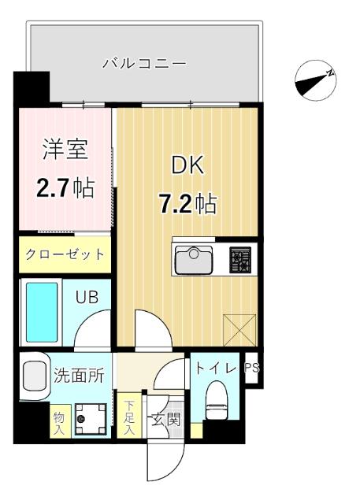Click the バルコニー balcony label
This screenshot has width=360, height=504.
pyautogui.click(x=144, y=63)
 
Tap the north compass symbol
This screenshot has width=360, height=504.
pyautogui.click(x=316, y=79)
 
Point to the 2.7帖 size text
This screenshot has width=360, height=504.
pyautogui.click(x=65, y=187)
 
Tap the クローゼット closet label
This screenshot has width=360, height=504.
pyautogui.click(x=65, y=254)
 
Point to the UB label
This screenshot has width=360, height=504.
pyautogui.click(x=87, y=297)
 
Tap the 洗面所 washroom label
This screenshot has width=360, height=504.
pyautogui.click(x=79, y=376)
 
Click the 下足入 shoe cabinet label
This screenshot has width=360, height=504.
pyautogui.click(x=129, y=418)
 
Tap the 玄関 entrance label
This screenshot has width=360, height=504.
pyautogui.click(x=174, y=419)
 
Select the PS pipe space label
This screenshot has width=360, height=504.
pyautogui.click(x=252, y=368)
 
